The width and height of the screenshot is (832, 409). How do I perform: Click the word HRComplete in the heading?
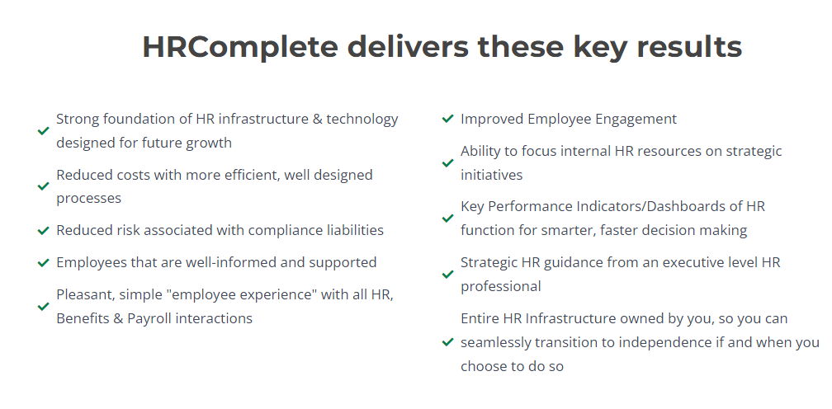pos(240,47)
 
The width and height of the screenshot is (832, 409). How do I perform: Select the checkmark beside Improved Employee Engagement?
pos(447,119)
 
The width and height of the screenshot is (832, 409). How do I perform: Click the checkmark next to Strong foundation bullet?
pos(44,131)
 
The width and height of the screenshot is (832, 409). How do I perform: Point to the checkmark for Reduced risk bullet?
pos(44,230)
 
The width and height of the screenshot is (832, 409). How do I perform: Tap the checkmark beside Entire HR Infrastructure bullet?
pos(447,342)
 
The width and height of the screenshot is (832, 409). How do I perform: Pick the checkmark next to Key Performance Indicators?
pos(447,219)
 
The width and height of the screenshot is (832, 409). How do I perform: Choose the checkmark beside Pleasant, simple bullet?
pos(44,306)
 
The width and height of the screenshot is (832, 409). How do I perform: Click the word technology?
pos(362,120)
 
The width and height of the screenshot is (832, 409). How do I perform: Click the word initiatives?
pos(491,175)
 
